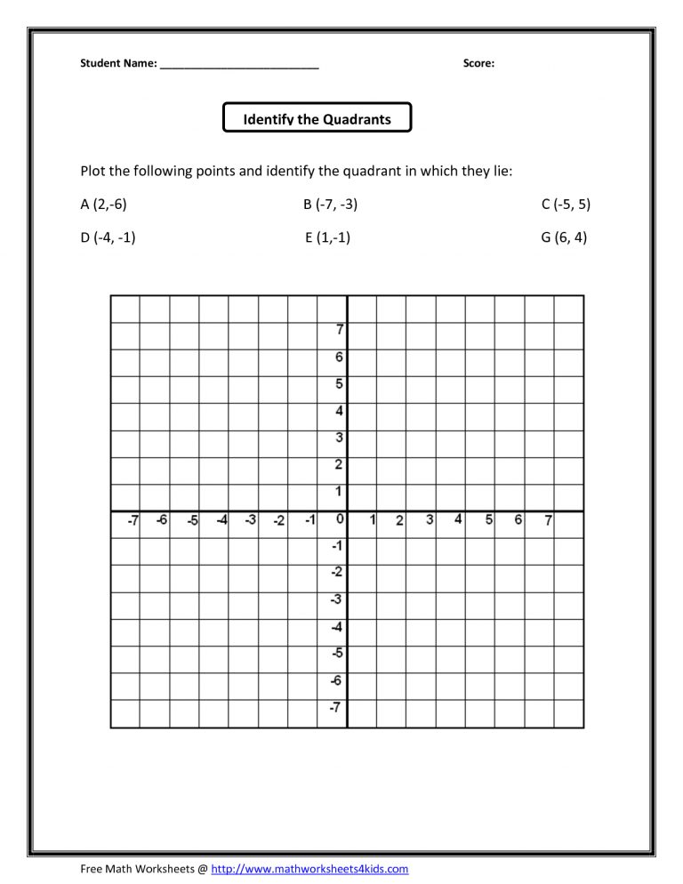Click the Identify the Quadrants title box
pos(317,117)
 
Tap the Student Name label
pos(119,63)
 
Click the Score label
pos(478,63)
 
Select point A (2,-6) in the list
pos(104,205)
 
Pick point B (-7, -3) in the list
pos(330,205)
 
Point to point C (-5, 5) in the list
pos(566,205)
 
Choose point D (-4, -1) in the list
pos(108,237)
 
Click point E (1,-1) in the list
pos(327,237)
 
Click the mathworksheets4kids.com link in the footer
pos(309,868)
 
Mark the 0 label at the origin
pos(339,519)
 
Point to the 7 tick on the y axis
pos(340,329)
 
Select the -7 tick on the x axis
pos(132,520)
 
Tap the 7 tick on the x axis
pos(549,520)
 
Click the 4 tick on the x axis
pos(458,519)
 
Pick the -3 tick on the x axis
pos(251,520)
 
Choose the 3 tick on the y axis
pos(340,438)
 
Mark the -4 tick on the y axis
pos(337,626)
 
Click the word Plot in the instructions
pos(94,171)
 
